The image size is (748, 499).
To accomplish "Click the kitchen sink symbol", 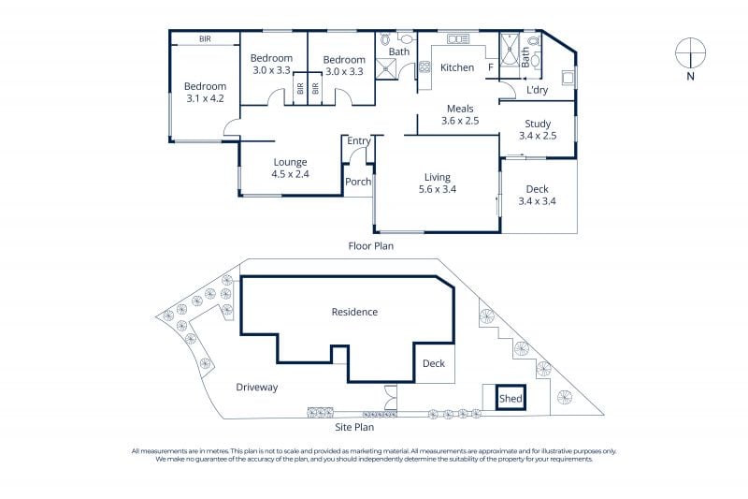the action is tap(458, 39).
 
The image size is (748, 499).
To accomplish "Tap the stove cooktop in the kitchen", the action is tap(424, 66).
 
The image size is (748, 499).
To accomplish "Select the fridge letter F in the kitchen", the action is tap(490, 67).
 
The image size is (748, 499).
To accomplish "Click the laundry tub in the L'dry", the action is tap(568, 78).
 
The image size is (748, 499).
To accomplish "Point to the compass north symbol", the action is tap(690, 52).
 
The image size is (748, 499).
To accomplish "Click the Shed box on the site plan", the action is tap(511, 398).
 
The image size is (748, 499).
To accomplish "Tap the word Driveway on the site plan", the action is tap(256, 388).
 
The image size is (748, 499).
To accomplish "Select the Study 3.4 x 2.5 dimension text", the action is tap(538, 136).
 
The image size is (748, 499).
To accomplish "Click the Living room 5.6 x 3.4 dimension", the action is tap(438, 189).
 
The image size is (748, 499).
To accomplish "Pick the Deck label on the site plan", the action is tap(434, 363).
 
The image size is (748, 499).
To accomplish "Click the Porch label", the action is tap(358, 182).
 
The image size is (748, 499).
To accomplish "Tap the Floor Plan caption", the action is tap(370, 246).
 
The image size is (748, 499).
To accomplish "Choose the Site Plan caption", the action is tap(354, 427).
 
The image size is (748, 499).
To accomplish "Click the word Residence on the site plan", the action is tap(354, 312).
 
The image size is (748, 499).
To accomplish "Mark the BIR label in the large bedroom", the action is tap(205, 38).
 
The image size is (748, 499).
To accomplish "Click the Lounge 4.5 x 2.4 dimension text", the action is tap(290, 174).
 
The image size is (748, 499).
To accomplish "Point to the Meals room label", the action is tap(460, 109).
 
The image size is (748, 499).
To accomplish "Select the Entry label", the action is tap(358, 140).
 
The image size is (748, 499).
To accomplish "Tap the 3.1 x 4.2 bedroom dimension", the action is tap(205, 98).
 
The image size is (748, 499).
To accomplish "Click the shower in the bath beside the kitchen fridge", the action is tap(509, 49).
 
